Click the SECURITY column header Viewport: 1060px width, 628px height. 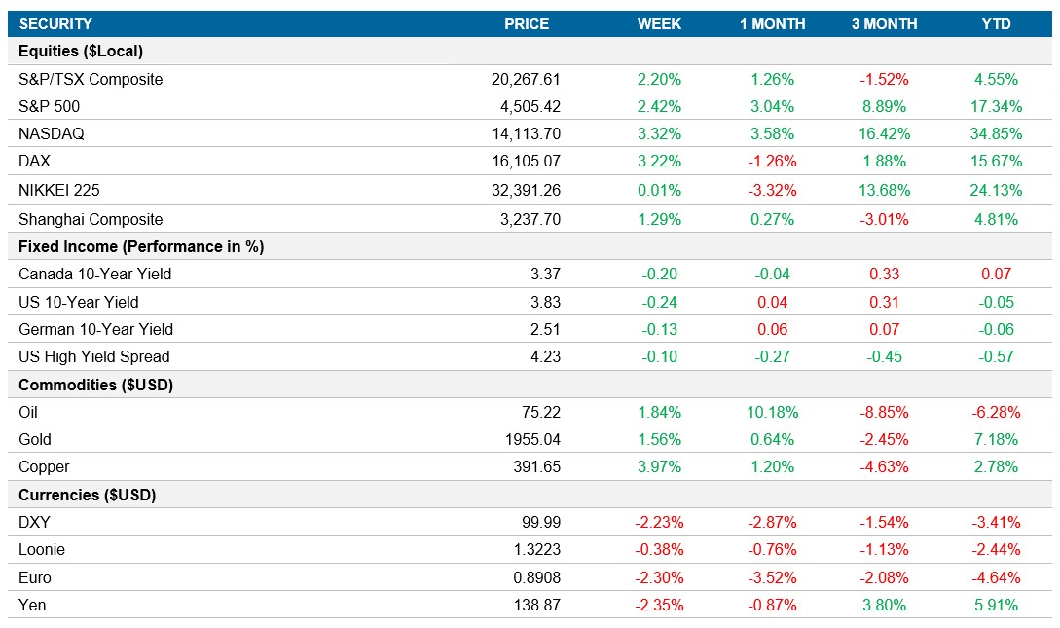(x=55, y=24)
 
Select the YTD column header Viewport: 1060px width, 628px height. (x=997, y=24)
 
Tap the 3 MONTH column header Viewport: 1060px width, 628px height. (x=884, y=24)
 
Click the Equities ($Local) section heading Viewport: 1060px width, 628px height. (x=81, y=52)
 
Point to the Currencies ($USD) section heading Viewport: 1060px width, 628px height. (x=88, y=495)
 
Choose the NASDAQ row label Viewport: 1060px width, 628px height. (x=48, y=134)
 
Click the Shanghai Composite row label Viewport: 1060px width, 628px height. (x=91, y=220)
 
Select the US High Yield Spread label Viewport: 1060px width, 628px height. (x=94, y=356)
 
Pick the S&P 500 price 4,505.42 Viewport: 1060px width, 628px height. (x=527, y=106)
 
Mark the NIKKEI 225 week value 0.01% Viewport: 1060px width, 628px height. (x=659, y=191)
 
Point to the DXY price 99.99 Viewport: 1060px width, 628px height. (x=540, y=522)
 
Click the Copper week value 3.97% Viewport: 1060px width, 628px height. (x=659, y=466)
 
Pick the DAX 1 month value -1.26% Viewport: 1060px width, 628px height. (x=772, y=162)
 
